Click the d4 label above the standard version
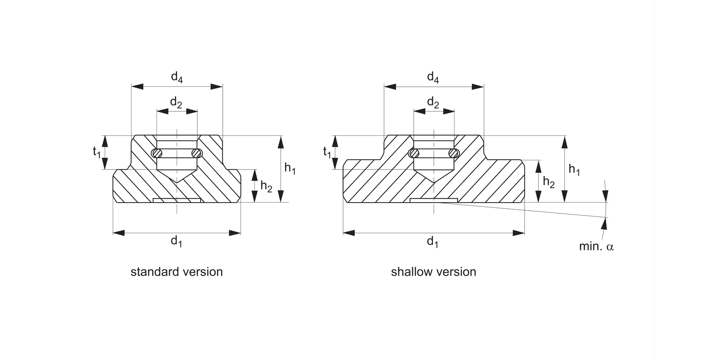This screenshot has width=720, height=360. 177,77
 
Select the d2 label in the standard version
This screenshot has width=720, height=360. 177,102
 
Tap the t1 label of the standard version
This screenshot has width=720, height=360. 96,152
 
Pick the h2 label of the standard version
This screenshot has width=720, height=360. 266,186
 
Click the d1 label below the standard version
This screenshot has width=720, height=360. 177,241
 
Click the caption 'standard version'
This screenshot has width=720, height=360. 177,272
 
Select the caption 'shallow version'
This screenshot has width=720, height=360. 433,272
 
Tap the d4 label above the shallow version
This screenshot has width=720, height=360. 433,77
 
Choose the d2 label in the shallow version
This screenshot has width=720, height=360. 433,102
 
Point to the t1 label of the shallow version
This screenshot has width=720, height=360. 327,152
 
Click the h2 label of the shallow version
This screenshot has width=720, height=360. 549,181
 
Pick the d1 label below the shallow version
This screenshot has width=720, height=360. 433,241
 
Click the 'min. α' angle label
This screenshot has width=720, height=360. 597,247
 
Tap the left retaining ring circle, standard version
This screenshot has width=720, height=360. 156,154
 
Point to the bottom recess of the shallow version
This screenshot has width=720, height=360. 434,200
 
